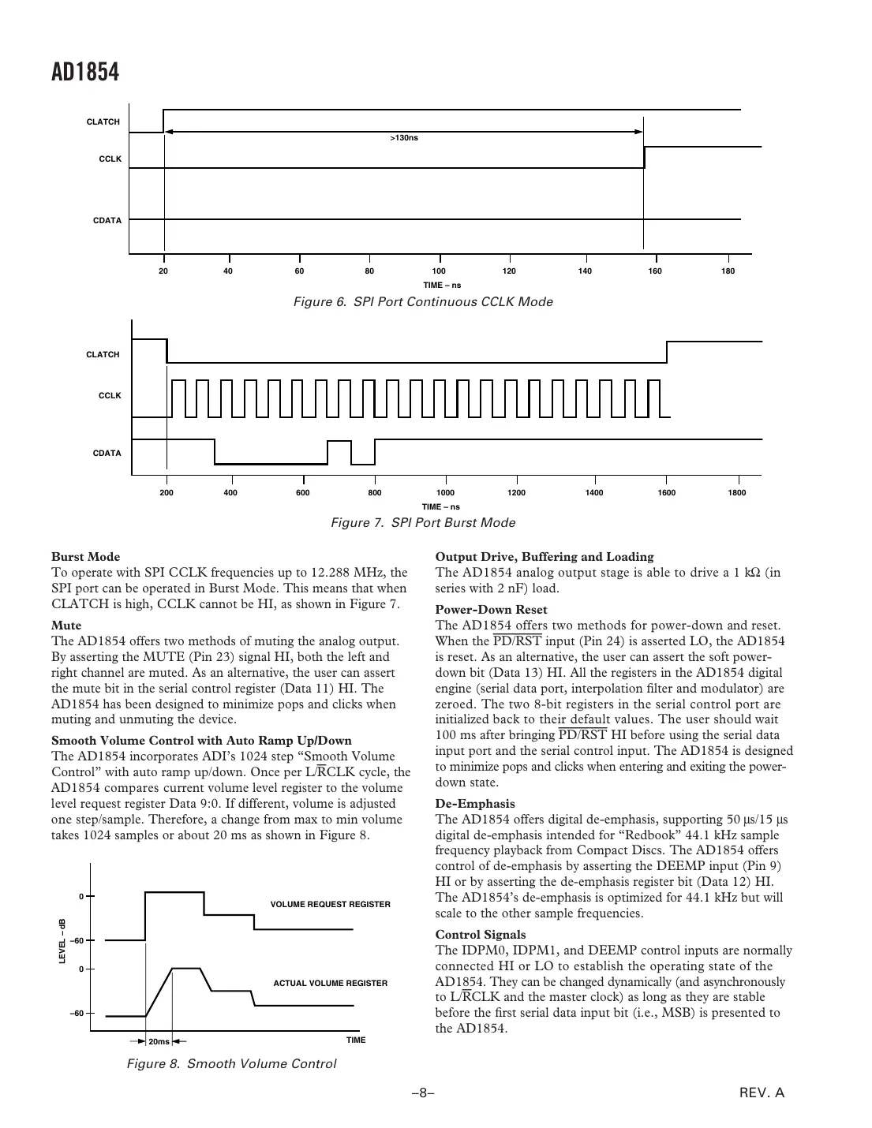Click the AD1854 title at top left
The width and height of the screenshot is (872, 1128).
point(85,73)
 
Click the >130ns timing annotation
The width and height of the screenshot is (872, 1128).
point(404,138)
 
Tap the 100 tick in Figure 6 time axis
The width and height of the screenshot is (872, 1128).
point(439,271)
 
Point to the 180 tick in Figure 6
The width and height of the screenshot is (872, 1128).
point(728,271)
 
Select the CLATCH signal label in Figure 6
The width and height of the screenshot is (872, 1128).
point(103,122)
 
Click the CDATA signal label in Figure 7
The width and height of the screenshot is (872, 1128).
point(107,454)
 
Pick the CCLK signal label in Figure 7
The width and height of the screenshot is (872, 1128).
point(110,395)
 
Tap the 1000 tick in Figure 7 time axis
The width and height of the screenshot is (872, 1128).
point(445,493)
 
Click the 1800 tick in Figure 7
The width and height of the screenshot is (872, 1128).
point(736,493)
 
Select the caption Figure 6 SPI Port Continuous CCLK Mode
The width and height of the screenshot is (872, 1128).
point(423,302)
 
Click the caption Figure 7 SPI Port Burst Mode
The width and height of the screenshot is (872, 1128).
point(423,523)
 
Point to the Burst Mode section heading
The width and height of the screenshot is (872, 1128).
point(85,557)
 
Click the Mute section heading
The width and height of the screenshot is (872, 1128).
point(66,626)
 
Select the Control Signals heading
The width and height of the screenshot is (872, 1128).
point(481,935)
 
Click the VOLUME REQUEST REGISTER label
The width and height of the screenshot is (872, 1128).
point(330,904)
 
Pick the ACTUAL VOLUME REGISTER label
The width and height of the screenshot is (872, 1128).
point(330,983)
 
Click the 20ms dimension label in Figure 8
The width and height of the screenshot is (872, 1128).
point(159,1041)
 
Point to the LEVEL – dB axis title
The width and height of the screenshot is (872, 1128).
point(62,941)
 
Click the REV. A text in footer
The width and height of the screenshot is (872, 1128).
point(762,1093)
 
